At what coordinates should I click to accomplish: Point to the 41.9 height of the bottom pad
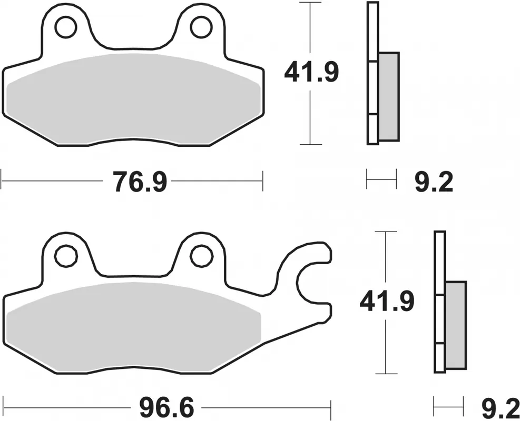click(387, 302)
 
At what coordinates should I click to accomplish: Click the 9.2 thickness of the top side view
click(433, 183)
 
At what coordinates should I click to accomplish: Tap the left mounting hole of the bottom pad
click(66, 256)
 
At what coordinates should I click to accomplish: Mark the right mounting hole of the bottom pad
click(201, 256)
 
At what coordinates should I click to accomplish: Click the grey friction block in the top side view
click(389, 96)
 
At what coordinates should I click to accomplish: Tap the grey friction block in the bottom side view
click(456, 325)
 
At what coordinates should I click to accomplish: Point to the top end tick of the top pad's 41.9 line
click(314, 3)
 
